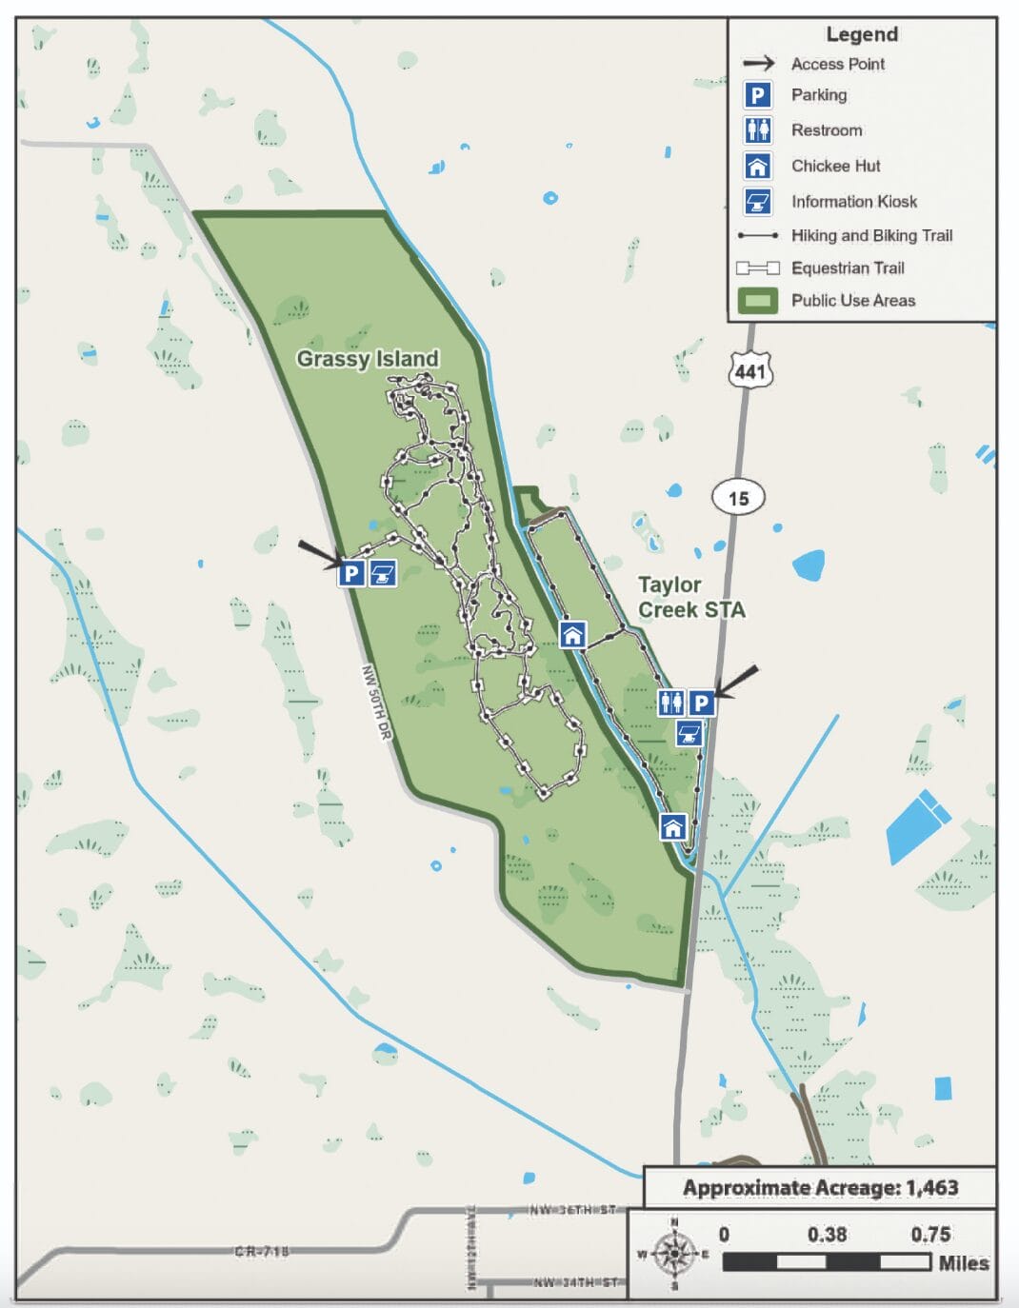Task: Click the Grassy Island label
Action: coord(368,359)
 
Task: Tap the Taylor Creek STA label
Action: coord(690,597)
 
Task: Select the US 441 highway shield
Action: coord(750,370)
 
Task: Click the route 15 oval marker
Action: coord(738,497)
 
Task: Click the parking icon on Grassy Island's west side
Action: coord(351,573)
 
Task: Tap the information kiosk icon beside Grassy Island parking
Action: coord(383,573)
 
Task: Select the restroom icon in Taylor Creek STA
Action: coord(671,703)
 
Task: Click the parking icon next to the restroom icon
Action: coord(702,703)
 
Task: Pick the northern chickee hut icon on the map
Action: coord(572,634)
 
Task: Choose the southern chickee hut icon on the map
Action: coord(673,826)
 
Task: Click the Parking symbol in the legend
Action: coord(757,95)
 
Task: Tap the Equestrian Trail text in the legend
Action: coord(848,268)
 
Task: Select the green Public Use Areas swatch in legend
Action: coord(757,301)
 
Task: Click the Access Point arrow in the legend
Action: coord(758,64)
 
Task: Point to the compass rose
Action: coord(674,1254)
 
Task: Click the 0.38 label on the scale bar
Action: coord(827,1235)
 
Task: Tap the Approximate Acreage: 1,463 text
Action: coord(820,1188)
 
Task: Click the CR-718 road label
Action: coord(262,1251)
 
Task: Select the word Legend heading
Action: coord(861,34)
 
